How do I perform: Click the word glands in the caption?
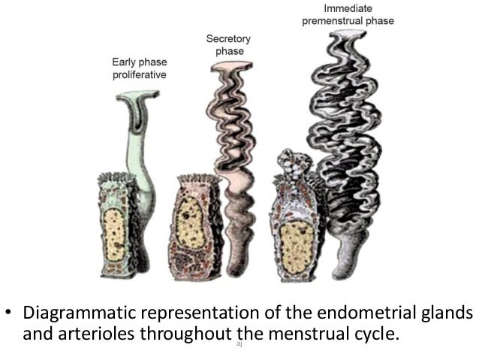(x=446, y=312)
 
